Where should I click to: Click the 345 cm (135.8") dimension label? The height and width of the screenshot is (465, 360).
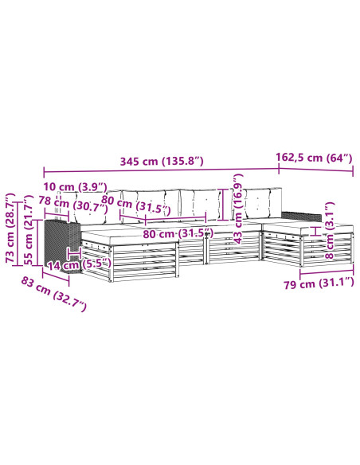pos(162,161)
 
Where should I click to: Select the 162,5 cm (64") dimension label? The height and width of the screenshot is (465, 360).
pos(314,158)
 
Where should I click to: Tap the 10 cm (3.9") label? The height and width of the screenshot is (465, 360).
pos(75,187)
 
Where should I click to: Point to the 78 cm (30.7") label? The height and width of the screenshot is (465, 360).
pos(73,203)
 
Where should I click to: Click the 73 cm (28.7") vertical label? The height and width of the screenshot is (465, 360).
pos(10,228)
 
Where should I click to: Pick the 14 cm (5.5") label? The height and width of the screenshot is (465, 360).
pos(80,264)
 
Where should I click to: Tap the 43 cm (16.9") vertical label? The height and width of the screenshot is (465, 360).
pos(238,209)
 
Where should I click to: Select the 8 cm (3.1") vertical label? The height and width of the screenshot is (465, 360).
pos(330,230)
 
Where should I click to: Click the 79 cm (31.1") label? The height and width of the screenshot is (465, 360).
pos(319,283)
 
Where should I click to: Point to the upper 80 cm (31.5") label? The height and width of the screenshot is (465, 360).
pos(136,205)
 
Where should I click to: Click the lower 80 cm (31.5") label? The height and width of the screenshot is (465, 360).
pos(178,233)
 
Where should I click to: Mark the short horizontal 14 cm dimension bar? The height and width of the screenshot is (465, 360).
pos(74,253)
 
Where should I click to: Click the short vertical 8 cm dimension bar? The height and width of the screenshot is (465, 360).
pos(316,231)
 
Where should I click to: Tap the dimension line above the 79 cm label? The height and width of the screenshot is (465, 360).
pos(327,272)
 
